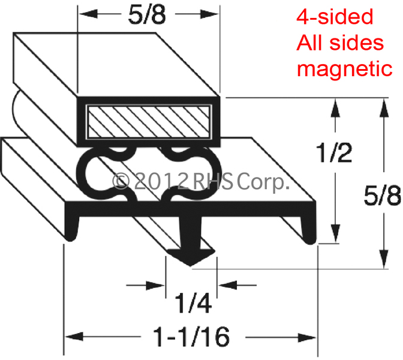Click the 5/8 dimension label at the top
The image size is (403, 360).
147,15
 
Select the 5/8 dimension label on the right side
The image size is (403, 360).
383,196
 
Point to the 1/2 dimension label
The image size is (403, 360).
334,152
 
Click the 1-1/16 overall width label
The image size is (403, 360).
191,337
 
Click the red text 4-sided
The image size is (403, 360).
335,17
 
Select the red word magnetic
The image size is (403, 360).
344,69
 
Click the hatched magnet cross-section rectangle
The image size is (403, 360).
148,122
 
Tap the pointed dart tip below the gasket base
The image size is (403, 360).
190,265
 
